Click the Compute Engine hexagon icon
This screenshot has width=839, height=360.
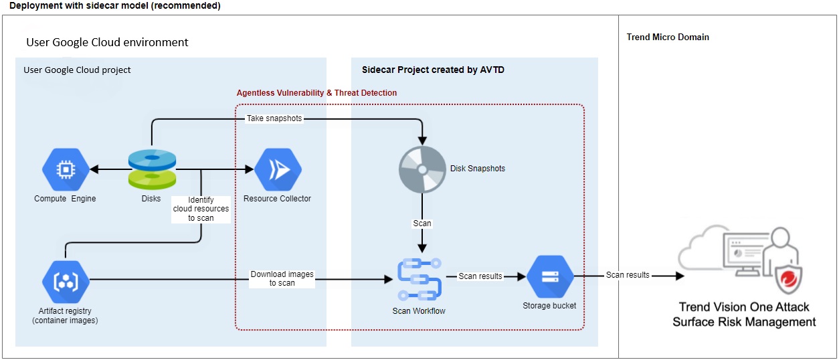[x=66, y=170]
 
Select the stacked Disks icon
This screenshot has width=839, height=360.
[x=152, y=169]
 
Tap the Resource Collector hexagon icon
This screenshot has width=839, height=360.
[x=278, y=170]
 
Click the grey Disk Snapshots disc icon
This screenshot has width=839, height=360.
[x=422, y=169]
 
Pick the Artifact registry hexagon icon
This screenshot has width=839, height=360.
[x=66, y=281]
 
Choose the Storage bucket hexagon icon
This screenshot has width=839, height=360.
[x=550, y=277]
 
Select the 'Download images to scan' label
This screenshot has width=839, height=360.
[x=282, y=278]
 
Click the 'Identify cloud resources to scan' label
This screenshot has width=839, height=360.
[x=200, y=209]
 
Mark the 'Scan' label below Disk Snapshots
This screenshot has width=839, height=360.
[x=422, y=223]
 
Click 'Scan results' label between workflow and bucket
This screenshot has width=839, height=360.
[x=480, y=276]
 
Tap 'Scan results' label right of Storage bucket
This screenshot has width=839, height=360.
[x=628, y=275]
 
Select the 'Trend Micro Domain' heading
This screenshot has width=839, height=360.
[x=668, y=37]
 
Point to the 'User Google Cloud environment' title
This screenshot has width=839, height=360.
[x=107, y=43]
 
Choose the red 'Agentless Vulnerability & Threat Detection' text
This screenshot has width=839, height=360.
[x=316, y=93]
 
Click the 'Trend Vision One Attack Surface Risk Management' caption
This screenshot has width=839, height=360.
[x=744, y=314]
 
